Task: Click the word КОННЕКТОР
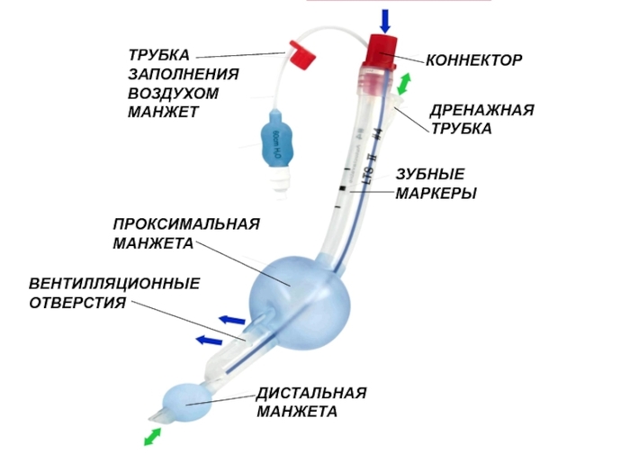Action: (x=473, y=60)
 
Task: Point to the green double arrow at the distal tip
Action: (x=153, y=436)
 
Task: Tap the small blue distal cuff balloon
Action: (x=187, y=402)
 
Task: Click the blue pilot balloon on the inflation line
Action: (x=274, y=140)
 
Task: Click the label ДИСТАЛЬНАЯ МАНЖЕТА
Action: (x=311, y=403)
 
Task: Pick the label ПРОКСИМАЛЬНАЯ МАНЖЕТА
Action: (x=186, y=233)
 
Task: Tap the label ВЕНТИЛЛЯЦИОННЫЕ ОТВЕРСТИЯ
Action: (x=114, y=293)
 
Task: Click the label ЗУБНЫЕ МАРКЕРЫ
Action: (x=436, y=183)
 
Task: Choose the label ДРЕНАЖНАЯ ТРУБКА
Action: (x=481, y=119)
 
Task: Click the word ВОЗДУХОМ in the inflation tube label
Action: (x=174, y=94)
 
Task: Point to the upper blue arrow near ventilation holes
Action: (x=232, y=319)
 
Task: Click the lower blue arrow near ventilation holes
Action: (x=209, y=340)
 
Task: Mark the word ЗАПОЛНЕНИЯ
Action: (x=184, y=75)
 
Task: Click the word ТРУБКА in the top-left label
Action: (x=159, y=56)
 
